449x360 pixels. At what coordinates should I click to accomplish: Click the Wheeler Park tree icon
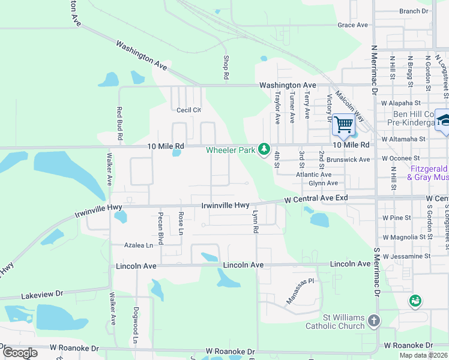tap(264, 149)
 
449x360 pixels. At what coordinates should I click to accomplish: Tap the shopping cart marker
tap(343, 125)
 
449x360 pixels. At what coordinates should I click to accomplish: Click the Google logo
tap(20, 353)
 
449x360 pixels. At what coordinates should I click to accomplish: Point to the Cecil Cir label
tap(188, 110)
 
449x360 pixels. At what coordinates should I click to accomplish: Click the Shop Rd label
tap(226, 68)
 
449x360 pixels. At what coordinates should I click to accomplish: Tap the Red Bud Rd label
tap(120, 124)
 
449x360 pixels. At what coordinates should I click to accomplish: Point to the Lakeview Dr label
tap(42, 294)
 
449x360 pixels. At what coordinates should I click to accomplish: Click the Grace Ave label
tap(352, 25)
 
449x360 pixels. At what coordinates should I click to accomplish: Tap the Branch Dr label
tap(414, 11)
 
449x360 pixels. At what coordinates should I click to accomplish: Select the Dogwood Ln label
tap(135, 328)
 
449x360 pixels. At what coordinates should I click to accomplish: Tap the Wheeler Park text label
tap(231, 150)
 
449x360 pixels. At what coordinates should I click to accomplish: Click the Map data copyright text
tap(423, 355)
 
